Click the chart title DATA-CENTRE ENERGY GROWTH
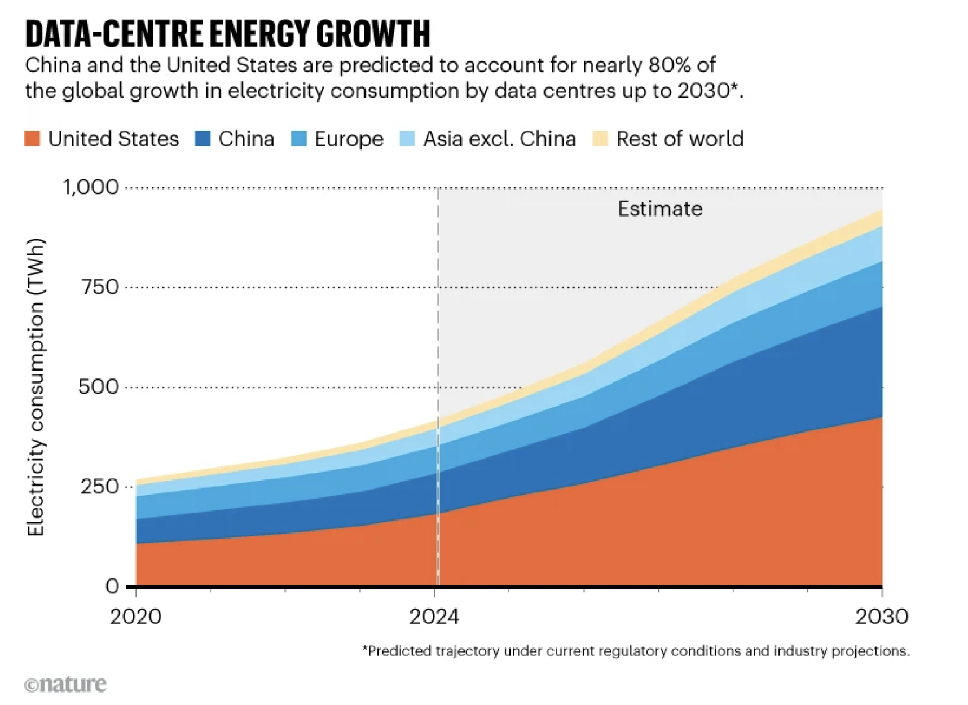tap(227, 34)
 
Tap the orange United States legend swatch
tap(33, 139)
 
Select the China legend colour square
tap(203, 139)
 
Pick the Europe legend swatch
tap(299, 139)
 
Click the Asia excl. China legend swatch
tap(407, 139)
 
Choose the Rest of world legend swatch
tap(600, 139)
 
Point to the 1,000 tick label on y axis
tap(91, 187)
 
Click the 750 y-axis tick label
tap(100, 287)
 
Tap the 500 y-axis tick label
tap(99, 387)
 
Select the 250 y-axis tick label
tap(100, 487)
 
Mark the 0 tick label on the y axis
tap(112, 587)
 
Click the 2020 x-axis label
tap(135, 617)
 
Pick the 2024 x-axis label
tap(434, 617)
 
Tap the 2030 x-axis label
tap(881, 617)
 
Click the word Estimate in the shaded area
tap(660, 209)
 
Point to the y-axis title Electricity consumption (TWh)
tap(36, 387)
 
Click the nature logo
tap(65, 684)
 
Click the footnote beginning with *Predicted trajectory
tap(636, 651)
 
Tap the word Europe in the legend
tap(349, 139)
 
